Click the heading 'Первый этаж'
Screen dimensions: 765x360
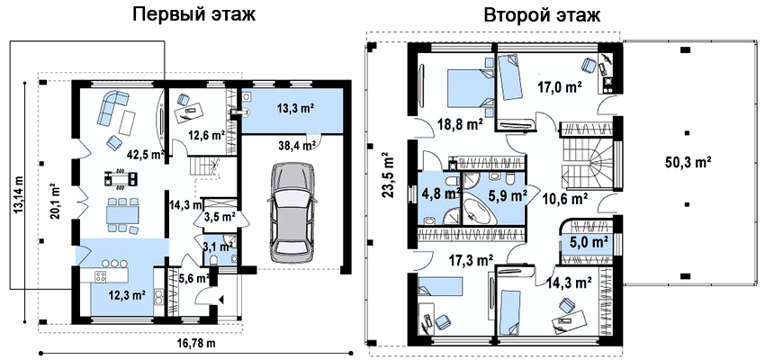coord(194,14)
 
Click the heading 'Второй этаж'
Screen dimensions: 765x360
coord(543,15)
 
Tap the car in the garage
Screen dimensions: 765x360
coord(293,209)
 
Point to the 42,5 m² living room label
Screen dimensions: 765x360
coord(145,155)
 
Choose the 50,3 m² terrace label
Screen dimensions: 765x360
coord(688,161)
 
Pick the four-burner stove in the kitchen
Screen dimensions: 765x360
coord(101,276)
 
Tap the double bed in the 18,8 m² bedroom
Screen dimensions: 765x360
coord(470,86)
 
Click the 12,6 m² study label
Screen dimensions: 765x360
coord(206,136)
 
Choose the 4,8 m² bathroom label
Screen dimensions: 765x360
coord(441,193)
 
